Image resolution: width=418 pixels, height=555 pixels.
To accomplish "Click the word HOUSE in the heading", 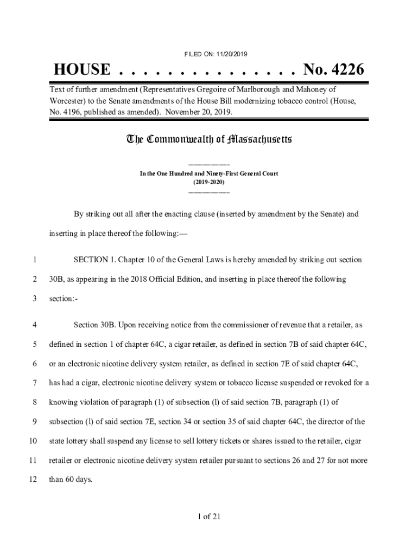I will pos(82,70).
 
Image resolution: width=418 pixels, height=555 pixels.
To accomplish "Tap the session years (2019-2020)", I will pos(209,182).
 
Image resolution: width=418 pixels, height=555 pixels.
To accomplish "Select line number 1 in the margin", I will pos(34,260).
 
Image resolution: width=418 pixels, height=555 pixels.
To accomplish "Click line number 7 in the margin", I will pos(34,383).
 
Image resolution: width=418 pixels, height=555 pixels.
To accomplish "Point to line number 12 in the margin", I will pos(33,480).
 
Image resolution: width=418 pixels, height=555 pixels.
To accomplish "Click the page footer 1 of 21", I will pos(209,516).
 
